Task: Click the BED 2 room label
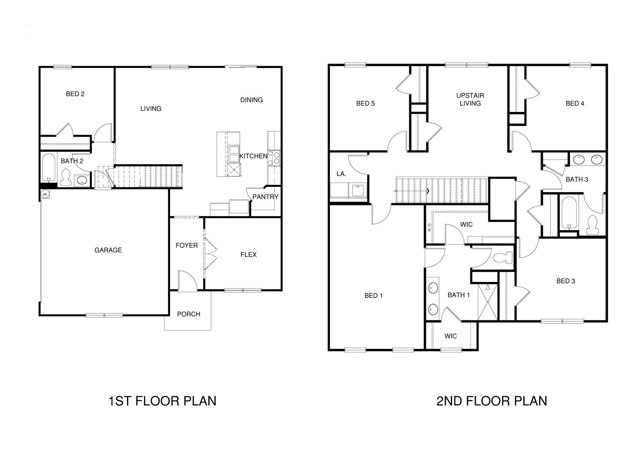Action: coord(75,94)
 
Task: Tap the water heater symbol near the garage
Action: coord(45,194)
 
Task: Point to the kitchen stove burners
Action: coord(274,158)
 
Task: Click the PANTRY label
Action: coord(266,197)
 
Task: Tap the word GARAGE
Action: coord(108,250)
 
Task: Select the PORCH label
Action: coord(189,314)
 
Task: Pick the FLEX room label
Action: coord(249,255)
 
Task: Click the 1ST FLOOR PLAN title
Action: coord(162,401)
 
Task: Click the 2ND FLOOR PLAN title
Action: coord(492,401)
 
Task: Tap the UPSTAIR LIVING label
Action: coord(470,99)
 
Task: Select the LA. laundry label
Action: coord(341,174)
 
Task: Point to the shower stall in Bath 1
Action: coord(487,302)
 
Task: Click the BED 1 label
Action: coord(373,296)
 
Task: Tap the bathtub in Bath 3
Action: coord(569,213)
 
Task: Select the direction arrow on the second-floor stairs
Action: coord(428,191)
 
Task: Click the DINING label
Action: coord(252,100)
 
